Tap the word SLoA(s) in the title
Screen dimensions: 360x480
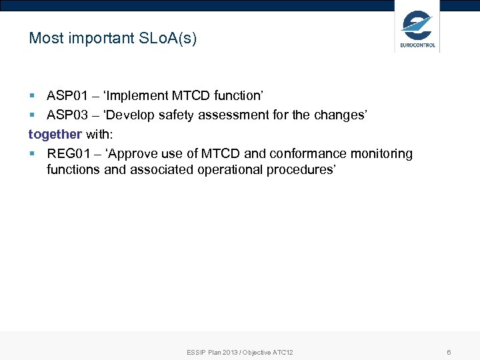169,38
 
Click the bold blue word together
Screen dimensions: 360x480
55,134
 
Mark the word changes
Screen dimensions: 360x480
340,115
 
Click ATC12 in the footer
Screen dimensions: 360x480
282,352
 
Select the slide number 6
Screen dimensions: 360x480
449,352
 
